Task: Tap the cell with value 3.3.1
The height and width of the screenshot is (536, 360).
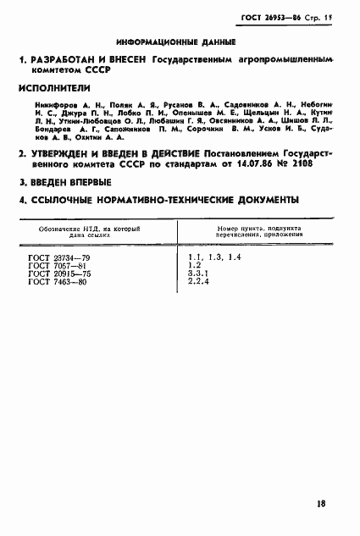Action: coord(202,273)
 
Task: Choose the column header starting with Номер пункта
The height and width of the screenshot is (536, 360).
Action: coord(252,234)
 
